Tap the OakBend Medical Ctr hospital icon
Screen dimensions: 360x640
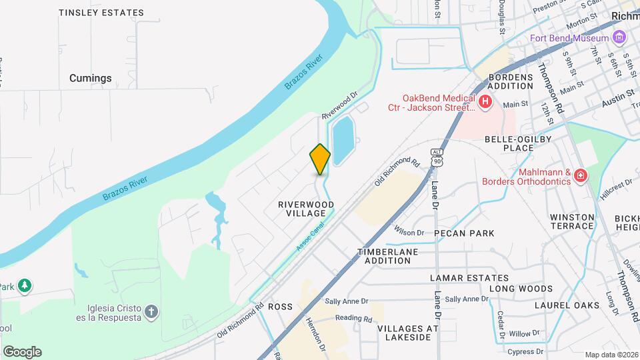coord(485,102)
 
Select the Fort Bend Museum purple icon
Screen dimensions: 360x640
coord(619,37)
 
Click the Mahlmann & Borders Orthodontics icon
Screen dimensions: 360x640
coord(581,176)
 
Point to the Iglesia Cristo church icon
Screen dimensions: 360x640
coord(152,311)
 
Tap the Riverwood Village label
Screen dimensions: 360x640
coord(306,208)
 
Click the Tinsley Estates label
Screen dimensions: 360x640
coord(101,13)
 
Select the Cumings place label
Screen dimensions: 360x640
coord(91,78)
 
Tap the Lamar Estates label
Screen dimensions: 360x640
coord(469,278)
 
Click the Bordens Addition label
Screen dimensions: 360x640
coord(511,81)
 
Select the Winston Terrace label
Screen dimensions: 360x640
coord(572,221)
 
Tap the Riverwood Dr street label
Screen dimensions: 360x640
coord(341,106)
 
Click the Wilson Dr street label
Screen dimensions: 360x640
coord(409,232)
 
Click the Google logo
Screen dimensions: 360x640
coord(22,351)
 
